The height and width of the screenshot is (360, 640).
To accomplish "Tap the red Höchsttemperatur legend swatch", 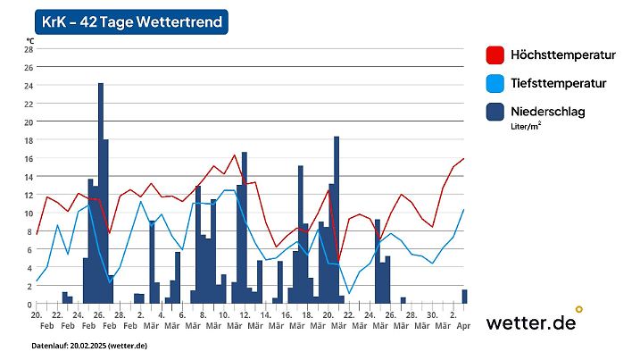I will [x=495, y=55].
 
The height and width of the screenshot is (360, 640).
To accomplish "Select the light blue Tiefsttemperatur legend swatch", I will [x=495, y=83].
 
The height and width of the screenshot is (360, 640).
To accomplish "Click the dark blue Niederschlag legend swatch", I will [x=495, y=112].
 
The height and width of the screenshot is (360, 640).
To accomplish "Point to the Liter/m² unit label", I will [x=526, y=127].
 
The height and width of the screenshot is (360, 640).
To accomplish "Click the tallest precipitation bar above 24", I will [x=101, y=192].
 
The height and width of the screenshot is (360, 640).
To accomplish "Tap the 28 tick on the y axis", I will [x=29, y=49].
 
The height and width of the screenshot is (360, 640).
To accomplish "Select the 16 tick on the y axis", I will [x=29, y=159].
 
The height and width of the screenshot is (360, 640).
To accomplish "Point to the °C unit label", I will [x=29, y=40].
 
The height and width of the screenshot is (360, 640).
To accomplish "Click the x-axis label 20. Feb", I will [x=37, y=321].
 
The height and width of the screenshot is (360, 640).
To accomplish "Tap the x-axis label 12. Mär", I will [x=244, y=321].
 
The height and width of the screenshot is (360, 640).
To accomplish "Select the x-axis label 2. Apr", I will [x=454, y=321].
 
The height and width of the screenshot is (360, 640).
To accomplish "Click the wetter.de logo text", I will [x=530, y=322].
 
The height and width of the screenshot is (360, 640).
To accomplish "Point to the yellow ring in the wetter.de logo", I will [x=579, y=309].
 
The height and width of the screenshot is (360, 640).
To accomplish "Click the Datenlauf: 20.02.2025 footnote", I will [x=89, y=346].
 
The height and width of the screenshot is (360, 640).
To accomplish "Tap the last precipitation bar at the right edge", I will [x=464, y=297].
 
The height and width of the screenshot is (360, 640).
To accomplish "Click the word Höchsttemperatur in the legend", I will [x=562, y=55].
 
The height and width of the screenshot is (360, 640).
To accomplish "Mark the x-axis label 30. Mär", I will [x=431, y=321].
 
